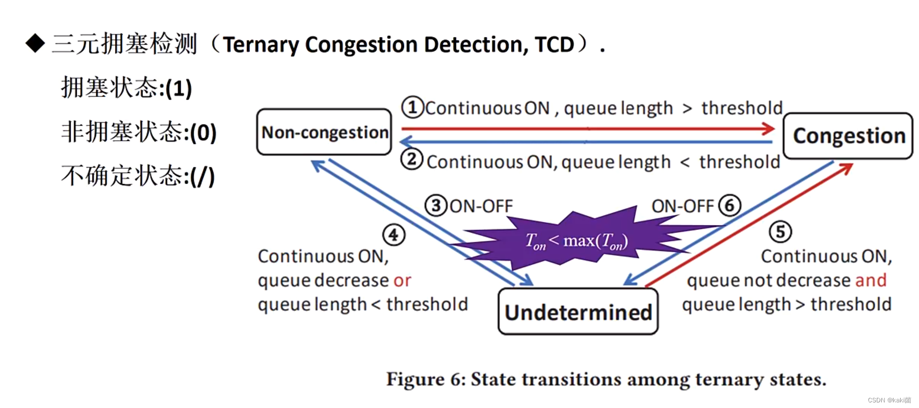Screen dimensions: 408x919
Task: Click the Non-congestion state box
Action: point(324,132)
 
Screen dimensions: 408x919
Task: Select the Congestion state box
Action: point(848,136)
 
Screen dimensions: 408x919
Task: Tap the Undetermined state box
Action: point(578,312)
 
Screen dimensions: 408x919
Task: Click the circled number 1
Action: point(412,107)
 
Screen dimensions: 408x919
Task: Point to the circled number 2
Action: point(411,159)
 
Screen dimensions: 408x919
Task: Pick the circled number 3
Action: point(436,206)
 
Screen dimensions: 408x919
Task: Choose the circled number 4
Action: point(393,235)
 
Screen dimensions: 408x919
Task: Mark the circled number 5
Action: point(780,232)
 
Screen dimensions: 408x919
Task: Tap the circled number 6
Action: point(729,206)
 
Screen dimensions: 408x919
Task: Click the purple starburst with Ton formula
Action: point(576,240)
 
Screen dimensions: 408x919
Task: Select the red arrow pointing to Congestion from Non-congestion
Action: point(586,128)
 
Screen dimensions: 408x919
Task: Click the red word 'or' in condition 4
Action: point(402,280)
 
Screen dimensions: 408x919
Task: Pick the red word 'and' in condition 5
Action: point(871,280)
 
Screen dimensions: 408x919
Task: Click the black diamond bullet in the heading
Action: point(35,43)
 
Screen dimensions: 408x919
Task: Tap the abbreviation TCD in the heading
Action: point(554,45)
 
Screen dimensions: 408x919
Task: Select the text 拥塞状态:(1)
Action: point(126,88)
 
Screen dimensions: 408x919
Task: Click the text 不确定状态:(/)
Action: point(138,176)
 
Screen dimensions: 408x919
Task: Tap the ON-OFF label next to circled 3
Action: point(481,206)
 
